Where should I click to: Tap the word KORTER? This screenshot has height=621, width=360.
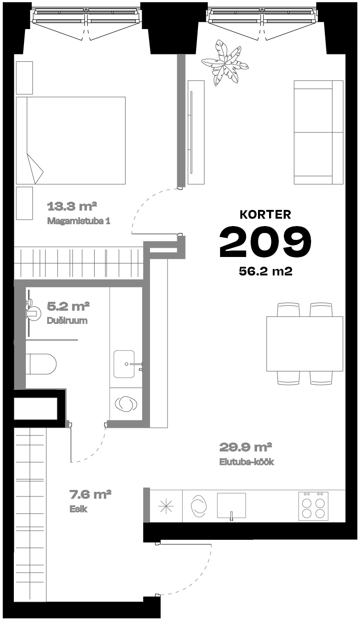(265, 215)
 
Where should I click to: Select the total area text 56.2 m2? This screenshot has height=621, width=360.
(266, 271)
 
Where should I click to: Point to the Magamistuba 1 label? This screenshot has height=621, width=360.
(79, 221)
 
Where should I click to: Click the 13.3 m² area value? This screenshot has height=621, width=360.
(72, 206)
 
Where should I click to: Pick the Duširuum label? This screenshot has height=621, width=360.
(67, 321)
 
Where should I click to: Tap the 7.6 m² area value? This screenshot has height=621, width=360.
(90, 494)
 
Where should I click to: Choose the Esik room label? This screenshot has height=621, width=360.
(78, 509)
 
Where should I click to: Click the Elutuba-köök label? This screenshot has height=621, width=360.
(246, 461)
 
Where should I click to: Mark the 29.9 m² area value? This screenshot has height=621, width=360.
(246, 447)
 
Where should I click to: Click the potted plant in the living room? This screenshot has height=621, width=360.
(225, 63)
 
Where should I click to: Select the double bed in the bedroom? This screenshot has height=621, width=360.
(71, 141)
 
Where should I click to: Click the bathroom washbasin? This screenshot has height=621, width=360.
(124, 364)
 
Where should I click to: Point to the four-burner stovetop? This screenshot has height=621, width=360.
(313, 506)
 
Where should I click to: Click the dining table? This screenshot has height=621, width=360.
(305, 344)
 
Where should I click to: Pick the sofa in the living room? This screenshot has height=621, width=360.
(318, 132)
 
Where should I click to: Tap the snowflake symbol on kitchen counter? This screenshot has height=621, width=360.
(166, 506)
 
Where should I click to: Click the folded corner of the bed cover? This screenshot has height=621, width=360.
(34, 169)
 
